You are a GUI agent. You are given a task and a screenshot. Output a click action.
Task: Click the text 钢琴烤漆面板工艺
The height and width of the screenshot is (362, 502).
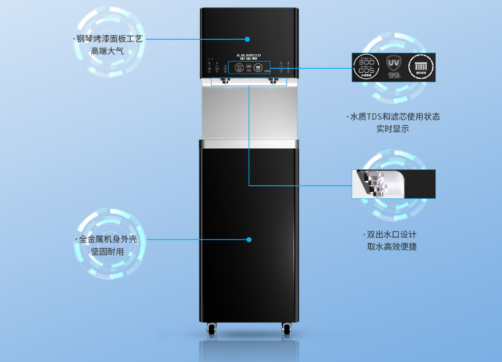click(x=109, y=39)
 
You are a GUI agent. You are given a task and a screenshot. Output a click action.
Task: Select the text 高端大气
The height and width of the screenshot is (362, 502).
click(x=107, y=51)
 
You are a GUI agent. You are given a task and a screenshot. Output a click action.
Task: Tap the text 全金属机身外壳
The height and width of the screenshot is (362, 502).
click(x=108, y=239)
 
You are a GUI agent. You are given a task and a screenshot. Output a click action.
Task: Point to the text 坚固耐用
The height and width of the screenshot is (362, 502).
click(x=107, y=251)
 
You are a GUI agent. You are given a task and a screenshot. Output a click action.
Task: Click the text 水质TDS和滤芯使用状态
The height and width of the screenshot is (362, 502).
click(x=394, y=116)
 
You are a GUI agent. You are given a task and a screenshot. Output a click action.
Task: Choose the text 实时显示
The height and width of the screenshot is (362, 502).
click(x=392, y=129)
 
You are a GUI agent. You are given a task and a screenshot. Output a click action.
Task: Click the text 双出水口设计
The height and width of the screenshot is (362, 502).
click(x=391, y=235)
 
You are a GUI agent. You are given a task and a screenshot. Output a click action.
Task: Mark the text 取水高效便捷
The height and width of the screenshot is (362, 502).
click(x=392, y=247)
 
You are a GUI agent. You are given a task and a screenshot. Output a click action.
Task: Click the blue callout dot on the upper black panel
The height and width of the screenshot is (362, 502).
click(x=248, y=39)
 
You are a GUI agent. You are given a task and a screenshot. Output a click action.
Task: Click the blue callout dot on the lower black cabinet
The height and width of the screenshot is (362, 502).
click(x=249, y=239)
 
